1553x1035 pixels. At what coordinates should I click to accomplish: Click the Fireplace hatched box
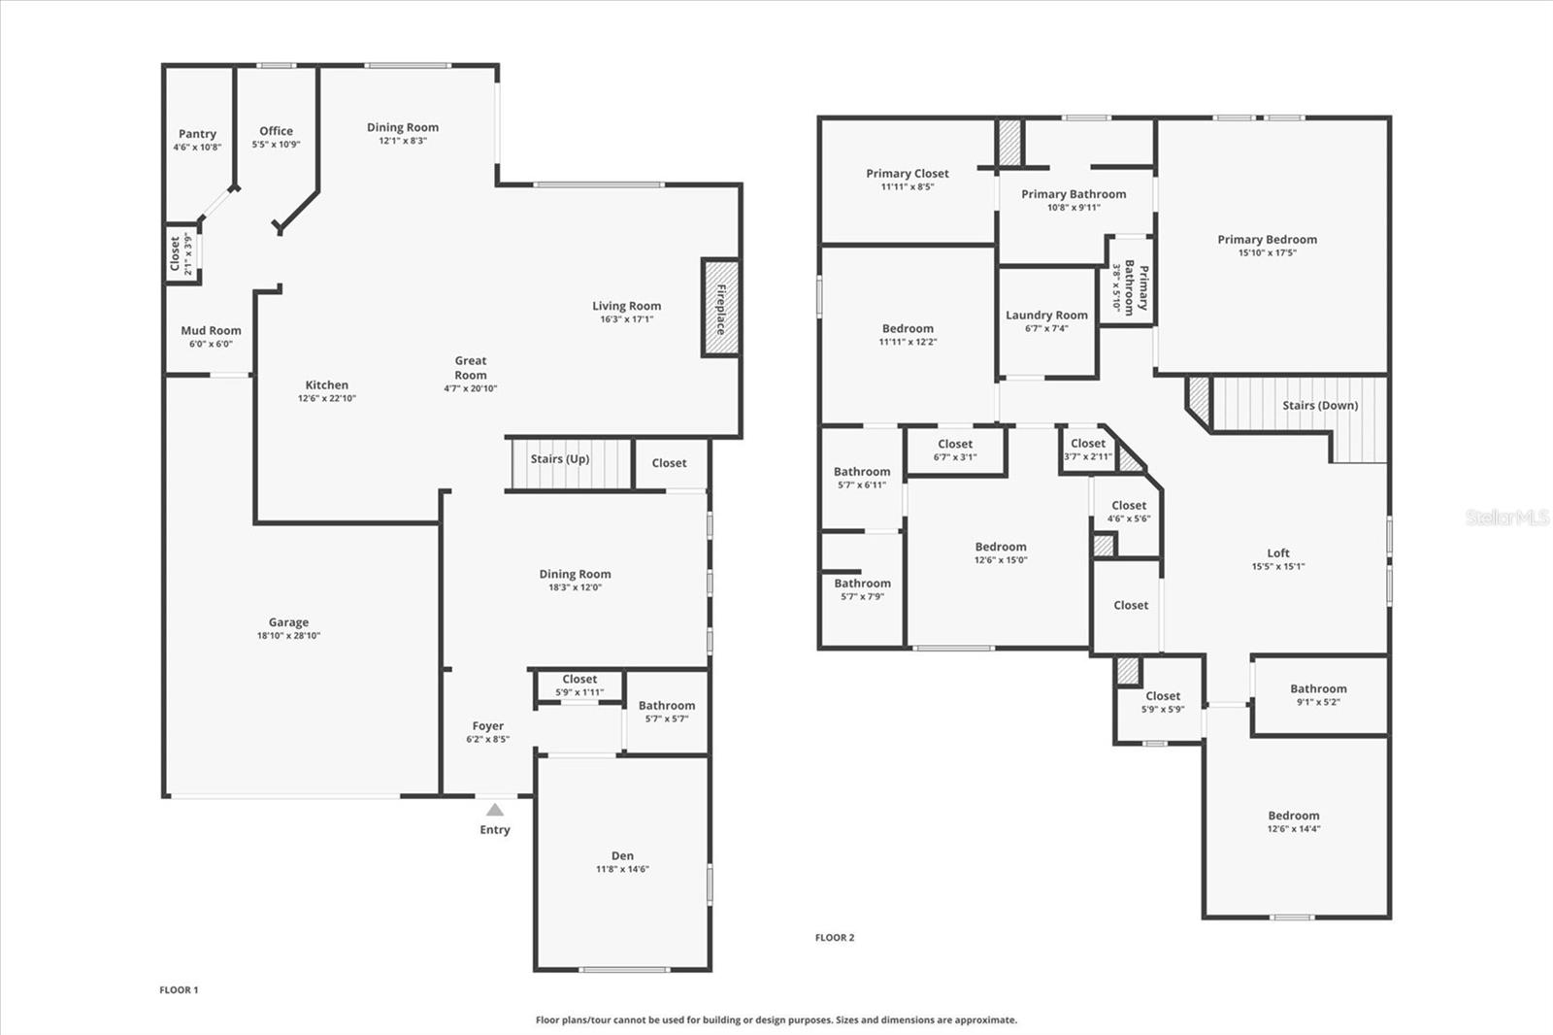pyautogui.click(x=720, y=308)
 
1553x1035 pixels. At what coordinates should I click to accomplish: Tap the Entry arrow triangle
pyautogui.click(x=495, y=810)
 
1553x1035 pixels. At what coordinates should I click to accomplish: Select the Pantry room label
pyautogui.click(x=197, y=134)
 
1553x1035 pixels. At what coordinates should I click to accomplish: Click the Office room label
pyautogui.click(x=276, y=131)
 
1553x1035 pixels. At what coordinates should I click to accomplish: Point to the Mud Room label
pyautogui.click(x=211, y=330)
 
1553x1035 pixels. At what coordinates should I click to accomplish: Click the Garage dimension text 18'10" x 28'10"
pyautogui.click(x=288, y=636)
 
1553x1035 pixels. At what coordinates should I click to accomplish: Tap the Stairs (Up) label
pyautogui.click(x=560, y=459)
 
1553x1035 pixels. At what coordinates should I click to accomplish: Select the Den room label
pyautogui.click(x=622, y=855)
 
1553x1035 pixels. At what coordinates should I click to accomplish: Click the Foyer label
pyautogui.click(x=487, y=725)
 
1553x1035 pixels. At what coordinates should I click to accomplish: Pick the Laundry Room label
pyautogui.click(x=1046, y=315)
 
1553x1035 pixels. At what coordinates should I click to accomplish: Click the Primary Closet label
pyautogui.click(x=908, y=174)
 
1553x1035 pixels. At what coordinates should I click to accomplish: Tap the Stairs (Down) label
pyautogui.click(x=1320, y=405)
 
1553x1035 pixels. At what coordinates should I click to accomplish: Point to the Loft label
pyautogui.click(x=1278, y=552)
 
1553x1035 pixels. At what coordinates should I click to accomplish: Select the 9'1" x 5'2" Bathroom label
pyautogui.click(x=1318, y=688)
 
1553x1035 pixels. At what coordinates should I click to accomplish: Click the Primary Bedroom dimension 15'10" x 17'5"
pyautogui.click(x=1267, y=253)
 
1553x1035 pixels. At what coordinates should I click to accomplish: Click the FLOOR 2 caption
pyautogui.click(x=835, y=938)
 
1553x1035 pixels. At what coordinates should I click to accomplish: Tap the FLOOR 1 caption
pyautogui.click(x=179, y=990)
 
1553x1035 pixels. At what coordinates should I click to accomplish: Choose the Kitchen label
pyautogui.click(x=326, y=384)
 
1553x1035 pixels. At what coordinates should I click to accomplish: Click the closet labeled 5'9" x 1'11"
pyautogui.click(x=579, y=680)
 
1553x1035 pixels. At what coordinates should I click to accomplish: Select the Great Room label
pyautogui.click(x=471, y=367)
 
